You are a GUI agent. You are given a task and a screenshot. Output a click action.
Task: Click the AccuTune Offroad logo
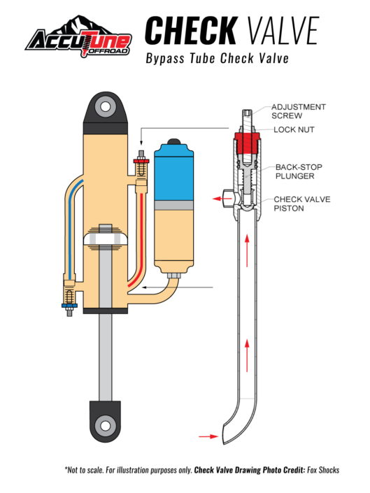tap(78, 37)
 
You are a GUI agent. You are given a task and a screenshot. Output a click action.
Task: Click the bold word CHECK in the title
tap(191, 31)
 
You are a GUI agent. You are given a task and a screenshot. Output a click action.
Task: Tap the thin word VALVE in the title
tap(283, 31)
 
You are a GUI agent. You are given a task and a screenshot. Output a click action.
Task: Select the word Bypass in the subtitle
tap(165, 59)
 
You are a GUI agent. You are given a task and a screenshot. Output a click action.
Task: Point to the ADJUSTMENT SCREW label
tap(299, 111)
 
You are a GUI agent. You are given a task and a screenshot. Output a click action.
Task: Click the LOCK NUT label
tap(294, 129)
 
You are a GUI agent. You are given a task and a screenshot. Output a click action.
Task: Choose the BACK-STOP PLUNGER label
tap(299, 171)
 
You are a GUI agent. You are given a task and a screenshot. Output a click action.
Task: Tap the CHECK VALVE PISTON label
tap(301, 203)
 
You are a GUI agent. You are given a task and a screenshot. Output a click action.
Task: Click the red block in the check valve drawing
tap(247, 143)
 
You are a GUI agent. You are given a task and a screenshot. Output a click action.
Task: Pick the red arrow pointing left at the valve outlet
tap(220, 199)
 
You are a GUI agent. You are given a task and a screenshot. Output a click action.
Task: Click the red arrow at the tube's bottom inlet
tap(208, 436)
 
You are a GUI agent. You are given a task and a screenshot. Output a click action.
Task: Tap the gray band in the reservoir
tap(174, 206)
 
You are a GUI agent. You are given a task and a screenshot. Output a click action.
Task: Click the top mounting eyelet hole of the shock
tap(106, 107)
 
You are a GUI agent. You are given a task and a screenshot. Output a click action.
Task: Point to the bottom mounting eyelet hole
tap(106, 426)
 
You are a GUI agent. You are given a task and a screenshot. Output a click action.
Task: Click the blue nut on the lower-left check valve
tap(69, 306)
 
